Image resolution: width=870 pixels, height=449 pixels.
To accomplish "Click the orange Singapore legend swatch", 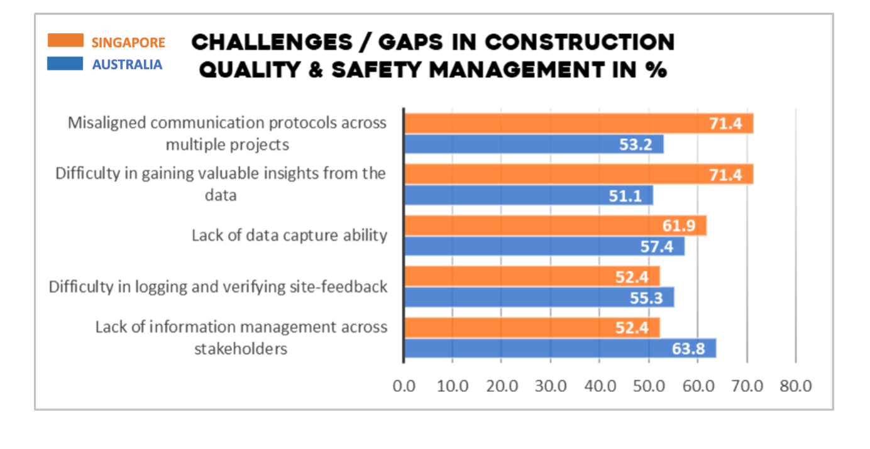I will tap(65, 41).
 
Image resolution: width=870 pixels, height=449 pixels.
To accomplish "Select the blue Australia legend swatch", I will tap(65, 63).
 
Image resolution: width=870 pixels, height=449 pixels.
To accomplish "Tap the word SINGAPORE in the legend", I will tap(128, 43).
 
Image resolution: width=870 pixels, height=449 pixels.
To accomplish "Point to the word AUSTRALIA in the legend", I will tap(127, 65).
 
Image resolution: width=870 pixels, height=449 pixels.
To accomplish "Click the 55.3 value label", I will tap(646, 298).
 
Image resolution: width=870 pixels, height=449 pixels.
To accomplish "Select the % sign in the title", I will tap(656, 69).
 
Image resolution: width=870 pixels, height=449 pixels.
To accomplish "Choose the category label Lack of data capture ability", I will tap(289, 235).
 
